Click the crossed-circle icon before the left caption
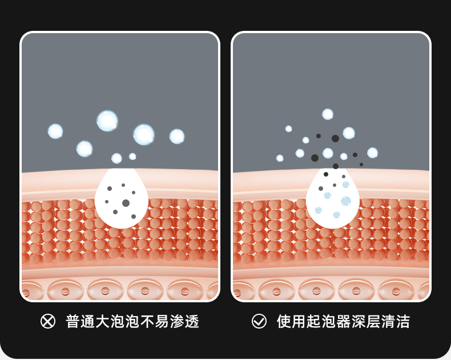(48, 321)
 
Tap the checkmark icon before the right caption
(259, 321)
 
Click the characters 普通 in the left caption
(80, 321)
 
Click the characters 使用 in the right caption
(291, 321)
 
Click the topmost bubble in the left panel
(107, 121)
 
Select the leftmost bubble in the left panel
(55, 131)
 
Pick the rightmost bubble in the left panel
(177, 137)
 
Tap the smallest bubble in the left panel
(132, 157)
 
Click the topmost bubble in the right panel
(328, 114)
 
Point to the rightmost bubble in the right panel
(372, 153)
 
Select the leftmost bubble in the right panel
(280, 158)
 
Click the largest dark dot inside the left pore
(126, 203)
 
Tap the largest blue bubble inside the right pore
(346, 201)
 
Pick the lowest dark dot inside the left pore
(134, 217)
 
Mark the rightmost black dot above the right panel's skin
(361, 165)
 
